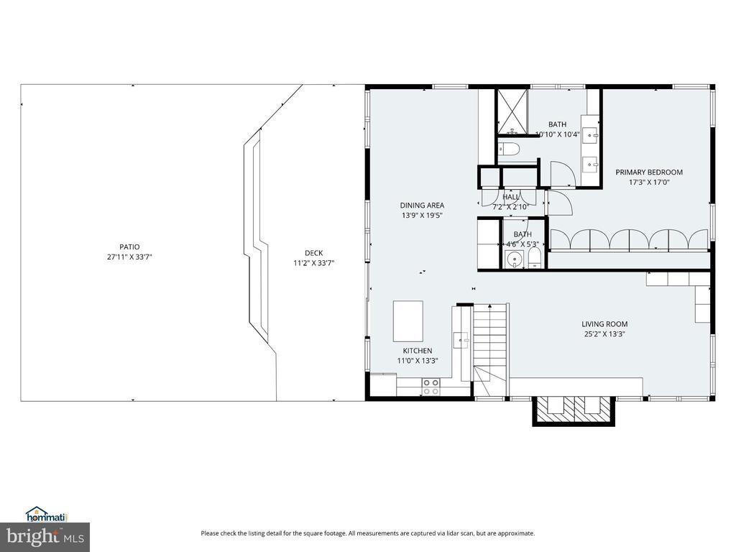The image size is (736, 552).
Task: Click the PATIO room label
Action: pyautogui.click(x=129, y=247)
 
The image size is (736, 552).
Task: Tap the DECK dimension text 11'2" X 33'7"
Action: pyautogui.click(x=313, y=263)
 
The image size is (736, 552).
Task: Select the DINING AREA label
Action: pyautogui.click(x=422, y=205)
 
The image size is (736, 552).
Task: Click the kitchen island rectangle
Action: pyautogui.click(x=408, y=321)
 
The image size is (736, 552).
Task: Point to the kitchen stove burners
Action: pyautogui.click(x=431, y=387)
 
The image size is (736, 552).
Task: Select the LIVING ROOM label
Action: pyautogui.click(x=604, y=324)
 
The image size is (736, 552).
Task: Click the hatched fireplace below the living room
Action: pyautogui.click(x=573, y=410)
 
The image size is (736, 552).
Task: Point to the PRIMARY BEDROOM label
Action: pyautogui.click(x=649, y=172)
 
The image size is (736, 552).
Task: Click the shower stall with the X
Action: pyautogui.click(x=512, y=111)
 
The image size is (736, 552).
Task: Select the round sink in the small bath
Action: pyautogui.click(x=515, y=259)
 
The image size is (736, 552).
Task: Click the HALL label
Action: pyautogui.click(x=511, y=197)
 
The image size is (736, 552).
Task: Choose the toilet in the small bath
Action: pyautogui.click(x=535, y=259)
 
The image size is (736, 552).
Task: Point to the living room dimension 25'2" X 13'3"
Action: pyautogui.click(x=604, y=334)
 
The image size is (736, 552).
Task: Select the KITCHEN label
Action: pyautogui.click(x=418, y=351)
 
